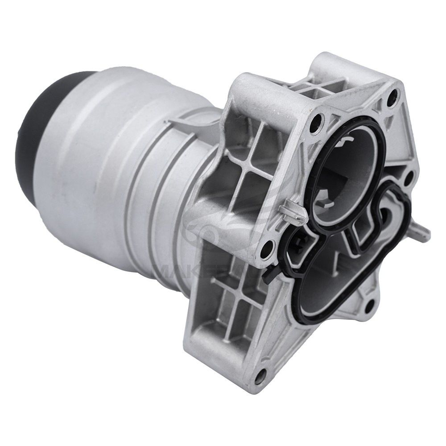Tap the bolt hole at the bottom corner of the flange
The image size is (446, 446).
(260, 377)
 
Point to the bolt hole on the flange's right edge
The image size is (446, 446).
(408, 178)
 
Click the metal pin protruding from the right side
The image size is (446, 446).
(421, 232)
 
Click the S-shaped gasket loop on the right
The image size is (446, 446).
(379, 219)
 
